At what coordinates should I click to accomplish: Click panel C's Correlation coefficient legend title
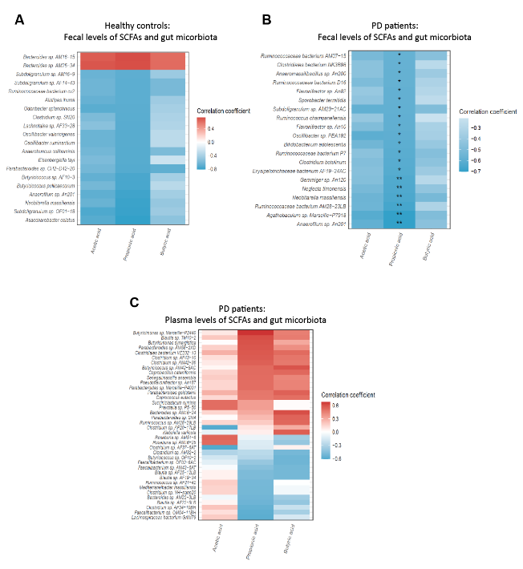pos(351,395)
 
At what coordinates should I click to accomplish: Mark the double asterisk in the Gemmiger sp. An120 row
pos(399,178)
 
